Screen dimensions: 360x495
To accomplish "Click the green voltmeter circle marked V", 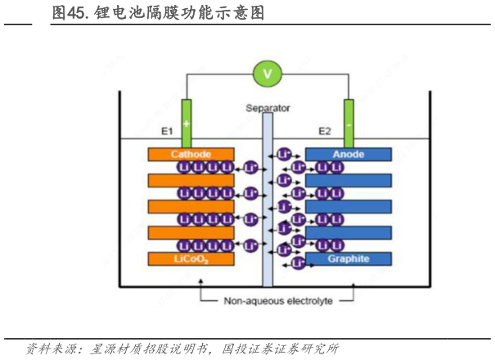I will tap(266, 74).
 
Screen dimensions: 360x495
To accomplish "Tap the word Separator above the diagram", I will tap(268, 108).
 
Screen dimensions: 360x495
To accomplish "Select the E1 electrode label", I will tap(167, 131).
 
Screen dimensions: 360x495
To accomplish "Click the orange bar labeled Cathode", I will tap(191, 154).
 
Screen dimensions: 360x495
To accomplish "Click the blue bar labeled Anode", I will tap(348, 154).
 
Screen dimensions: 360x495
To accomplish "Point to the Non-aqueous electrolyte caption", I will tap(278, 300).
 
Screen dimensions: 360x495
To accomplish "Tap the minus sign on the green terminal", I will tap(349, 124).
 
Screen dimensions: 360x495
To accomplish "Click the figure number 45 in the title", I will tap(78, 14).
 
